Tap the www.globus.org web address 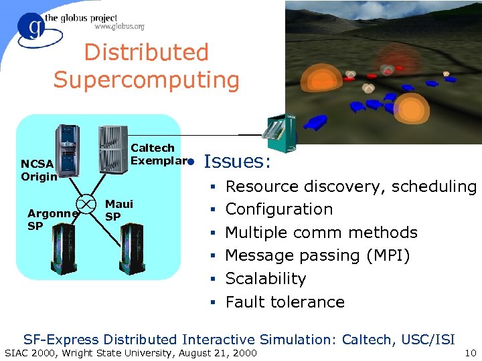[119, 27]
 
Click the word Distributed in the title [146, 52]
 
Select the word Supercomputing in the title [146, 80]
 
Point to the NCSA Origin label [38, 170]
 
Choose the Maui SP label [118, 210]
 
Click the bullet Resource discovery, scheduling [350, 187]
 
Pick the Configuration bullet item [278, 209]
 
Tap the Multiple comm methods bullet [321, 233]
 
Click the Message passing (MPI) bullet [317, 255]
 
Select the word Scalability [265, 279]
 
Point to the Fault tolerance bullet [285, 302]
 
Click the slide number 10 [469, 352]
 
